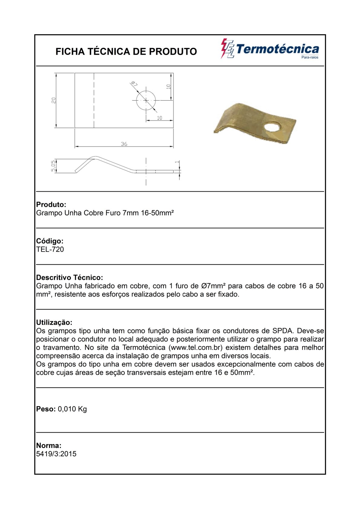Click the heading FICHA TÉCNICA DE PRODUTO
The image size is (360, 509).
[x=126, y=52]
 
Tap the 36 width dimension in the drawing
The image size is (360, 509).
[x=124, y=144]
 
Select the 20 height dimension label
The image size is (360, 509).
[x=54, y=100]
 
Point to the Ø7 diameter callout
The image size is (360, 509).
[x=134, y=84]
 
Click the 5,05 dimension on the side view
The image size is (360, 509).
[x=54, y=166]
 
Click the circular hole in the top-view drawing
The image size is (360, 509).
[x=146, y=100]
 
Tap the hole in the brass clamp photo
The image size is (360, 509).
[x=271, y=126]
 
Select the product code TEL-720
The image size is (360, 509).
[x=50, y=249]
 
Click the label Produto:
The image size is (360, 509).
[x=51, y=205]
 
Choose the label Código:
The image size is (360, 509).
[x=50, y=241]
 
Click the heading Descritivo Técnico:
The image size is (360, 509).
[x=70, y=277]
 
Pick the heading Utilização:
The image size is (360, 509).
[x=54, y=322]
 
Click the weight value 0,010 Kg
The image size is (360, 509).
[x=72, y=409]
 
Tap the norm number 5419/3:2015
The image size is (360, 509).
[x=56, y=454]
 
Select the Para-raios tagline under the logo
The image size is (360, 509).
[x=310, y=57]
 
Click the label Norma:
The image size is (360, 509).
[x=49, y=446]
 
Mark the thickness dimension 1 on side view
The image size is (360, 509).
[x=178, y=162]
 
